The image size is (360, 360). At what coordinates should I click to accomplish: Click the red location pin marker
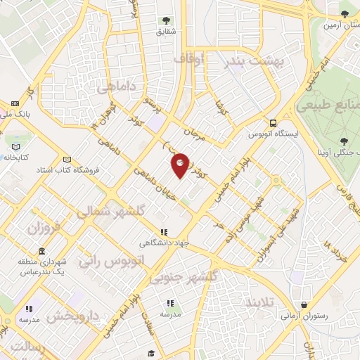[x=180, y=165]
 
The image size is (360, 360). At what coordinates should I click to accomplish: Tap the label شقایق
[x=167, y=31]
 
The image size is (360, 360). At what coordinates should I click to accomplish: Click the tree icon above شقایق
[x=167, y=20]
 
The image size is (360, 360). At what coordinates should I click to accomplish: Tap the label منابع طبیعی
[x=328, y=106]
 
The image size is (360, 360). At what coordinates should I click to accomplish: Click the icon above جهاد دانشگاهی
[x=164, y=232]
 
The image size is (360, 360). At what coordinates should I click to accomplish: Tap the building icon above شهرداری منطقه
[x=42, y=251]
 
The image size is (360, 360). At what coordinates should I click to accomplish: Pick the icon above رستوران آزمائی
[x=303, y=305]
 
